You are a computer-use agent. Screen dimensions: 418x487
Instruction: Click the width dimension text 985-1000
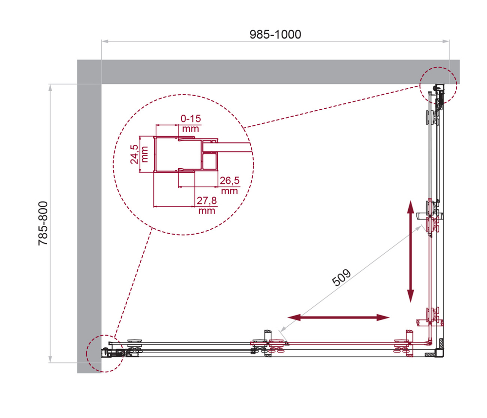tap(275, 35)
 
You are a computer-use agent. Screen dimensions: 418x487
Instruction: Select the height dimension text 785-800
tap(43, 223)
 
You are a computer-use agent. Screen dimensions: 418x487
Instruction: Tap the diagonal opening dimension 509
tap(341, 279)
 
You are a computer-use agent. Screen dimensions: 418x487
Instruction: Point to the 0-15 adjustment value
tap(191, 119)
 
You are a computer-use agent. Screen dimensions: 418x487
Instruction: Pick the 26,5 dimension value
tap(229, 181)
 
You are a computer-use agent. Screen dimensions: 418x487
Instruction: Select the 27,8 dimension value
tap(206, 201)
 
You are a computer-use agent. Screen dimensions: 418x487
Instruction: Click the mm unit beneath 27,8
tap(206, 211)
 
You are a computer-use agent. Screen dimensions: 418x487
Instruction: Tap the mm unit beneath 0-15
tap(191, 129)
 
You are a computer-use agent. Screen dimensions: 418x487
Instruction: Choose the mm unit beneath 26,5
tap(229, 191)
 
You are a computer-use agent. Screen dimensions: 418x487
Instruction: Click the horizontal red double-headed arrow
tap(338, 318)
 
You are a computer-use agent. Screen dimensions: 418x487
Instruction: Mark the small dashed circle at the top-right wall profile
tap(438, 84)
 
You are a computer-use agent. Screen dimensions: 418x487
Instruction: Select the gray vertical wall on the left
tap(89, 219)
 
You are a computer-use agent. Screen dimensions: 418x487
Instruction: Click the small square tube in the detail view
tap(211, 161)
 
